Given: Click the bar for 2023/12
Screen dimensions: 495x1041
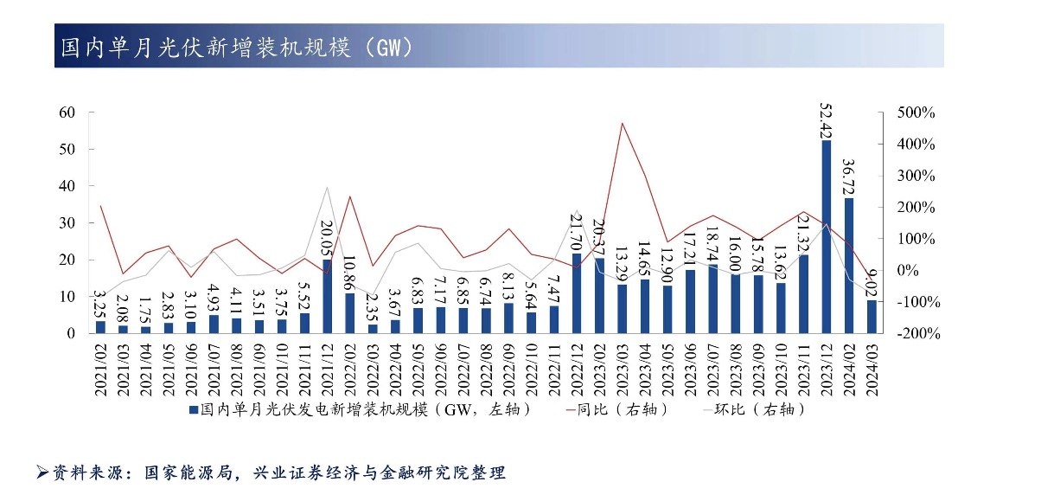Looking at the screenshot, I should point(827,236).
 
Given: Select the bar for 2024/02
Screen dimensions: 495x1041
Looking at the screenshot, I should point(849,266).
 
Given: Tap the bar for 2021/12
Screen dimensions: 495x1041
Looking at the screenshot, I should point(328,296).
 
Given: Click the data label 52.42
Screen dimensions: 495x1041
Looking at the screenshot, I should point(827,120).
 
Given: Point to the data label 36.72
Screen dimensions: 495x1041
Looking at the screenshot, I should point(849,177).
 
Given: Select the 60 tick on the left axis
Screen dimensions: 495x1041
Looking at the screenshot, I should point(67,112).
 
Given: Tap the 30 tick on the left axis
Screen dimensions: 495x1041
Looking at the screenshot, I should point(67,223).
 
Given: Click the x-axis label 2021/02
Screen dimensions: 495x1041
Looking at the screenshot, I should point(100,369).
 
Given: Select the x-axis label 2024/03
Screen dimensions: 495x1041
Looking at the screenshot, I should point(872,369).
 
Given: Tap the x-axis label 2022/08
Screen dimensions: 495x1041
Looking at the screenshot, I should point(486,369).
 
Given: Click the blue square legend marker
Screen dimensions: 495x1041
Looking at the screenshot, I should point(192,409).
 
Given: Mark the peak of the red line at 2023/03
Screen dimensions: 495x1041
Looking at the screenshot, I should point(623,123).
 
